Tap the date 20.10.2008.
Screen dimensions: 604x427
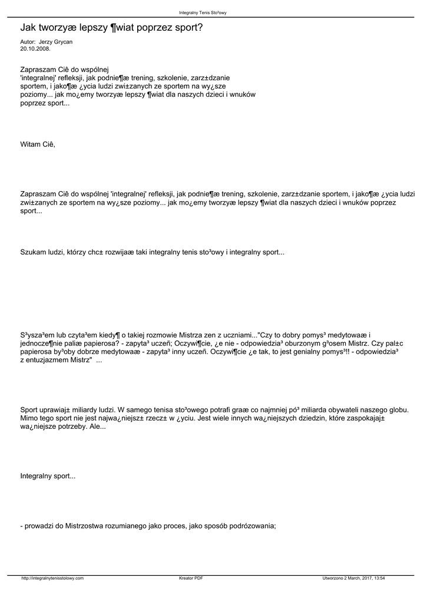coord(35,49)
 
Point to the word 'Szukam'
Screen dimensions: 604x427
coord(33,252)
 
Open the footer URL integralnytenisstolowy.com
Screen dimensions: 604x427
coord(52,578)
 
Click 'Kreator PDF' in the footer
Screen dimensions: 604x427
coord(191,578)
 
